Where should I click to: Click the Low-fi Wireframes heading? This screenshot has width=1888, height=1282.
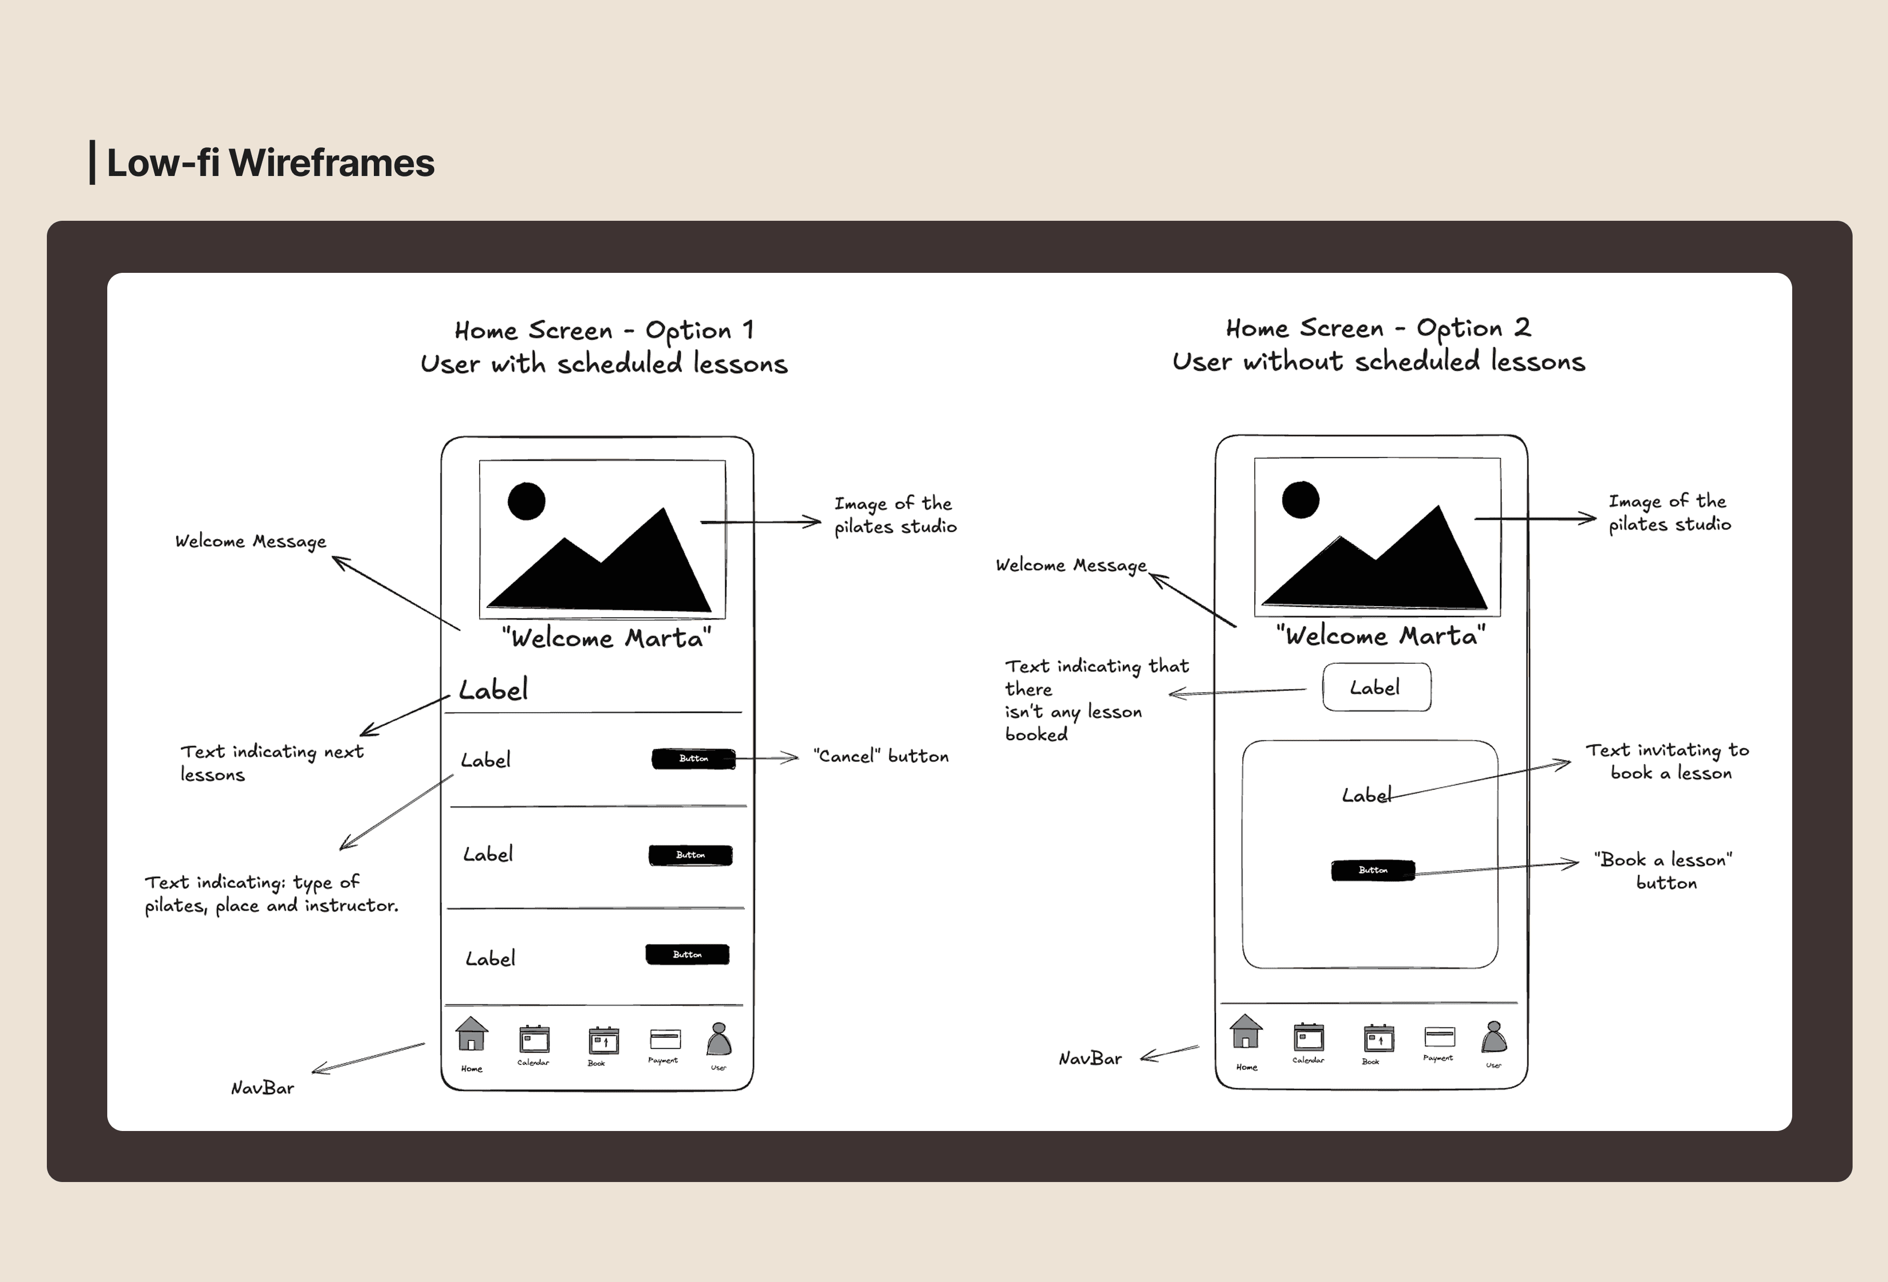point(271,162)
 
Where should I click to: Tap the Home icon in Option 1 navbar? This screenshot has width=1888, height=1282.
point(471,1034)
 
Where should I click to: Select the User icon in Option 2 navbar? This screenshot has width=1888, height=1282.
point(1493,1037)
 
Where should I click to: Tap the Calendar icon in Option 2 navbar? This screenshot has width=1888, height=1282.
point(1308,1037)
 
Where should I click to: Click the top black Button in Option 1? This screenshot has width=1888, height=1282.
point(693,759)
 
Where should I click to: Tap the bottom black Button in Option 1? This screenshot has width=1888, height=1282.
point(687,954)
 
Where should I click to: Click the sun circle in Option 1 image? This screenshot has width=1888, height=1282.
point(526,501)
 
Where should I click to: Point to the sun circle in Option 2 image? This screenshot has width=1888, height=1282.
point(1301,500)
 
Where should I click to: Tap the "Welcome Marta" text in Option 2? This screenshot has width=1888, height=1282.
point(1380,635)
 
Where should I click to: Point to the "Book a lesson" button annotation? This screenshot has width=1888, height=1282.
point(1663,871)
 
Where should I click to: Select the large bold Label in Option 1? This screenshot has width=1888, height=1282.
point(493,690)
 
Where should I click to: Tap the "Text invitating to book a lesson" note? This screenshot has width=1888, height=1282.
point(1667,761)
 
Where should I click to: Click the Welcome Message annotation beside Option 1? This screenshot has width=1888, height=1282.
point(250,541)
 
